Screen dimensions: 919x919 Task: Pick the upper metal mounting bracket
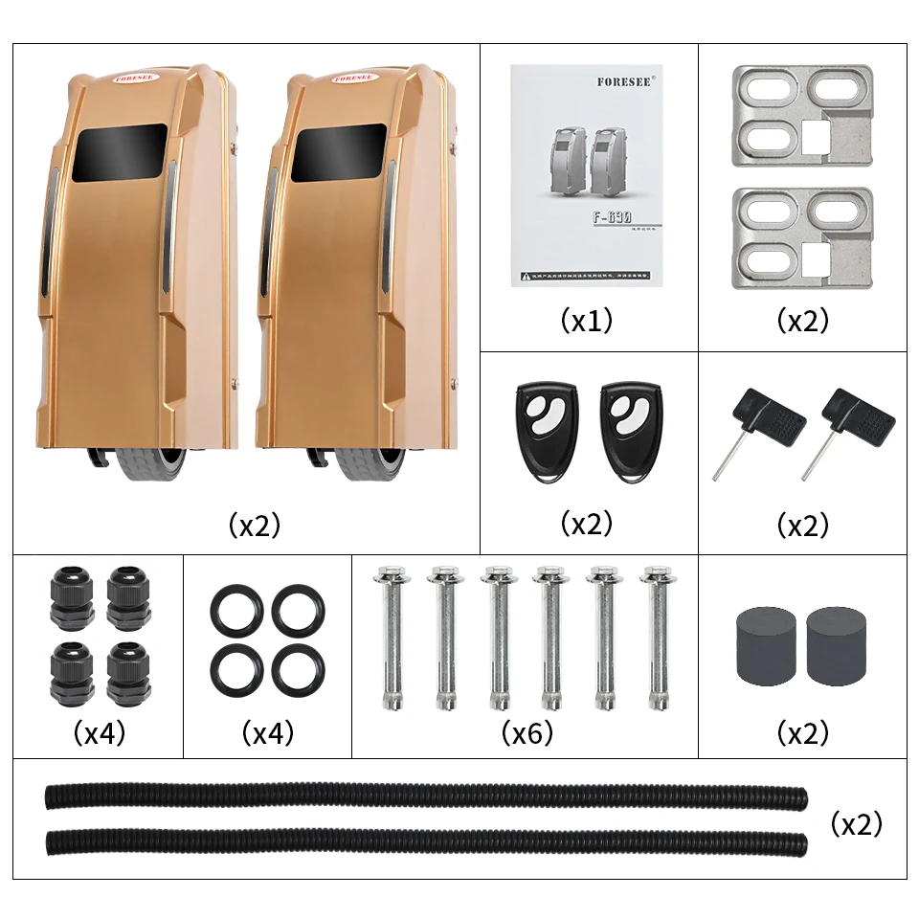(802, 116)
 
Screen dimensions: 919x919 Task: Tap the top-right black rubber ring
(298, 608)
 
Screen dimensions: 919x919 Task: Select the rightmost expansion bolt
(658, 637)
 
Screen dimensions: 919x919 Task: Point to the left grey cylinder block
(765, 644)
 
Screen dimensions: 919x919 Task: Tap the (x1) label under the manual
(587, 321)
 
